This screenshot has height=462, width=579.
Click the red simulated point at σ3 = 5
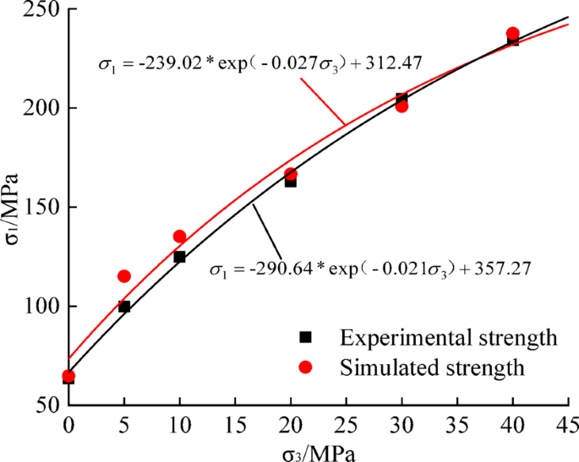pos(124,276)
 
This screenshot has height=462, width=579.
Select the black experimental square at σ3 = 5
pos(124,307)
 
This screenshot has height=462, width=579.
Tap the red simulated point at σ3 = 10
pos(179,236)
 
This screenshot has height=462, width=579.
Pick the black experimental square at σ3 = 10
pos(179,257)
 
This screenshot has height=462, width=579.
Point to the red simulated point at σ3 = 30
pos(401,106)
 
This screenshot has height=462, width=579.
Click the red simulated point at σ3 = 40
pos(512,34)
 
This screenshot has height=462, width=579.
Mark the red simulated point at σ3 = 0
pos(68,376)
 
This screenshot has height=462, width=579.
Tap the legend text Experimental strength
pos(448,338)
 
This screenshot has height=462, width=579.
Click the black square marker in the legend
pos(306,338)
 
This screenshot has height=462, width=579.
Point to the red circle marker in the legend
pos(306,367)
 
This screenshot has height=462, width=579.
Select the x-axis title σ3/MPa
pos(319,452)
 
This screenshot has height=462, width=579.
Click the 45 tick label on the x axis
pos(566,422)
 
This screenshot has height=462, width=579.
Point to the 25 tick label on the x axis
pos(346,422)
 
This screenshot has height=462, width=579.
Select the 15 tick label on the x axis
pos(234,422)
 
